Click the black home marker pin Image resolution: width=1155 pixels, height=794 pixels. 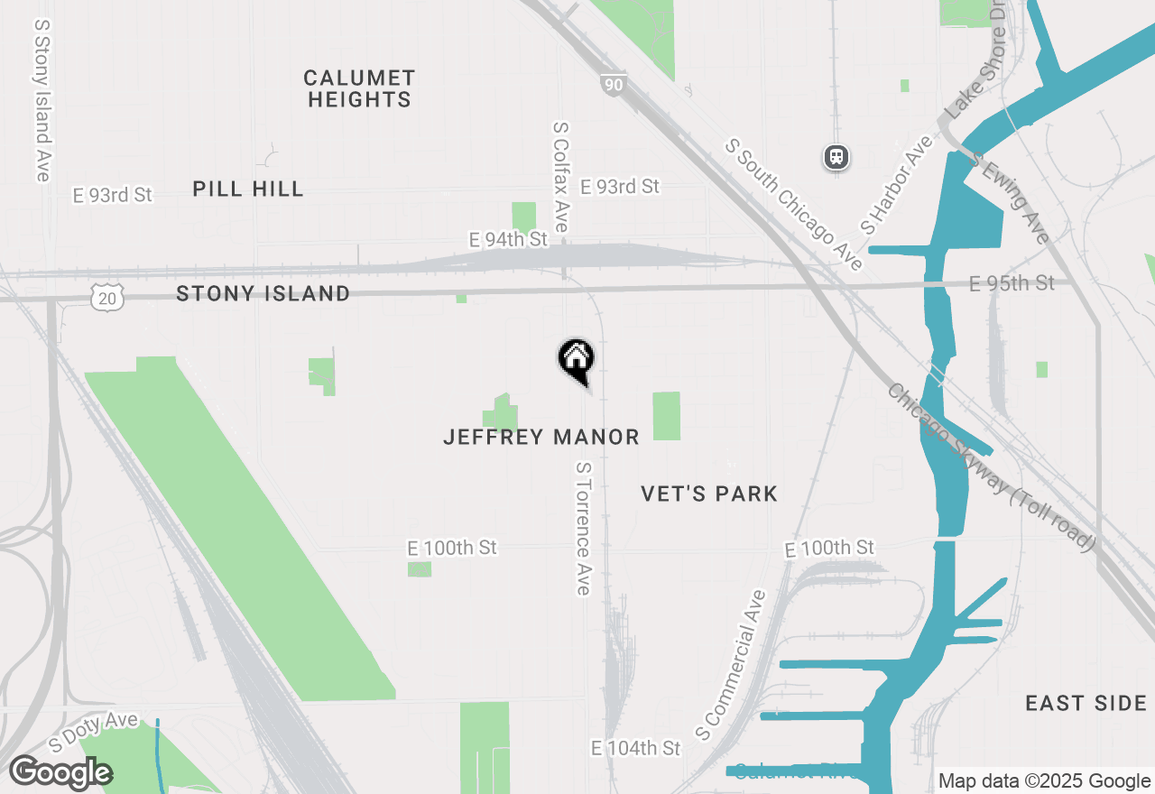click(x=576, y=360)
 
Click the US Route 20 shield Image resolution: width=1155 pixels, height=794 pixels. click(x=106, y=296)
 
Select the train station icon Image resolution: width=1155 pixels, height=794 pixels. click(x=836, y=157)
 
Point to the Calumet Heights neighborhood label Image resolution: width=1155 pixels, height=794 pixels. click(x=359, y=88)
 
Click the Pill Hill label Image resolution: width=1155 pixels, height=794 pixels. click(x=248, y=189)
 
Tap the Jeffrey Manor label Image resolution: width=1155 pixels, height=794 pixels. click(x=541, y=438)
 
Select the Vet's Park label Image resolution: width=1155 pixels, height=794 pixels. click(x=709, y=494)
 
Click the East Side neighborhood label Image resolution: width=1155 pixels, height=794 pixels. click(x=1086, y=704)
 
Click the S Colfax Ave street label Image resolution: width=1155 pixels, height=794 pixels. click(x=560, y=179)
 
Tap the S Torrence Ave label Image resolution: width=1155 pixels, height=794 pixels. click(x=583, y=529)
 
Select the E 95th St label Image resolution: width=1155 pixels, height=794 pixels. click(x=1012, y=283)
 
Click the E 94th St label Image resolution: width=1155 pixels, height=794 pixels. click(x=508, y=239)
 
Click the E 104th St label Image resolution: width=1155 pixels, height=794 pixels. click(x=635, y=748)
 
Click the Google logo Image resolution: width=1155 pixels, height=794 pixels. click(x=60, y=772)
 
